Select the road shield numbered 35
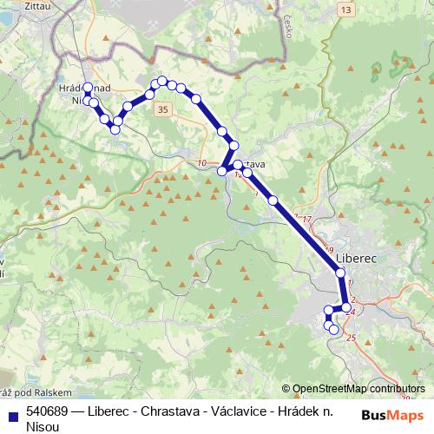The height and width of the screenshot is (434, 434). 162,109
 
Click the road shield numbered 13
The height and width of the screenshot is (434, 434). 347,10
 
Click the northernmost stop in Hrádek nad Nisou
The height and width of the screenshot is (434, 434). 87,87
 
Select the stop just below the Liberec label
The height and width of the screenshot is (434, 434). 341,273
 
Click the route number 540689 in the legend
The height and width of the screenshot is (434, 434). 49,412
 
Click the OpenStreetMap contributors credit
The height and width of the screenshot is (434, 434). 358,389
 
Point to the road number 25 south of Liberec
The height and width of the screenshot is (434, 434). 352,338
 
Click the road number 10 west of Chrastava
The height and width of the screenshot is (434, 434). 202,162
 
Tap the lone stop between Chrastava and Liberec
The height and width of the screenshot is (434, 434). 273,201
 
